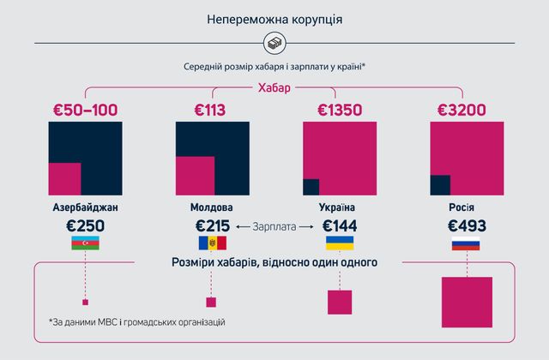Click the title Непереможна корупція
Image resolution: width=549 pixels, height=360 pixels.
[274, 18]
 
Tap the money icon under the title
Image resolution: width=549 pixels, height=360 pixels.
[274, 43]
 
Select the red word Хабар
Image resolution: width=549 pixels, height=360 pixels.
[274, 87]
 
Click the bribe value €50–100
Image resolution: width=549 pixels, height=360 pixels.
[83, 110]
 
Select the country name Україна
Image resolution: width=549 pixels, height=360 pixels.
[338, 207]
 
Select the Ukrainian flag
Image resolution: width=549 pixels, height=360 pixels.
[338, 245]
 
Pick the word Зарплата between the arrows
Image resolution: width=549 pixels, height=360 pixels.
[275, 227]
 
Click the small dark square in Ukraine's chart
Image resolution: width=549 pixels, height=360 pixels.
[311, 187]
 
